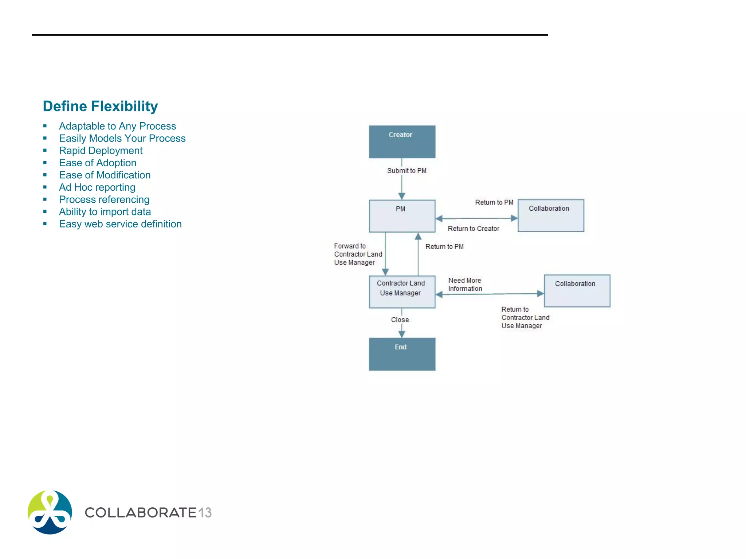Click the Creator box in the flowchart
(x=402, y=142)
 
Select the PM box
(x=402, y=216)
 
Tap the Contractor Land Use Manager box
(x=402, y=292)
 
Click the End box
(x=402, y=354)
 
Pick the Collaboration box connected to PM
(x=550, y=215)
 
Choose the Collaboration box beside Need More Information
(x=577, y=291)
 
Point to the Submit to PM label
(x=407, y=171)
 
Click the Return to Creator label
(x=473, y=229)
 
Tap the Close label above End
(x=400, y=320)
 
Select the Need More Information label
(x=465, y=285)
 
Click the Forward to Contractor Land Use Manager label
(x=358, y=254)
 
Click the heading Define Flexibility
(x=100, y=106)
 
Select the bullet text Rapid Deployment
(x=101, y=151)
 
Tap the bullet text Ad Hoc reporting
(x=97, y=187)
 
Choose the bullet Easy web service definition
(x=120, y=224)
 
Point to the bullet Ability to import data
(x=105, y=212)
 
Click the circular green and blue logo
(x=50, y=512)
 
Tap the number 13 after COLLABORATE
(x=205, y=513)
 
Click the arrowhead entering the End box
(x=402, y=334)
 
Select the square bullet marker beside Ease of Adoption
(x=45, y=163)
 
